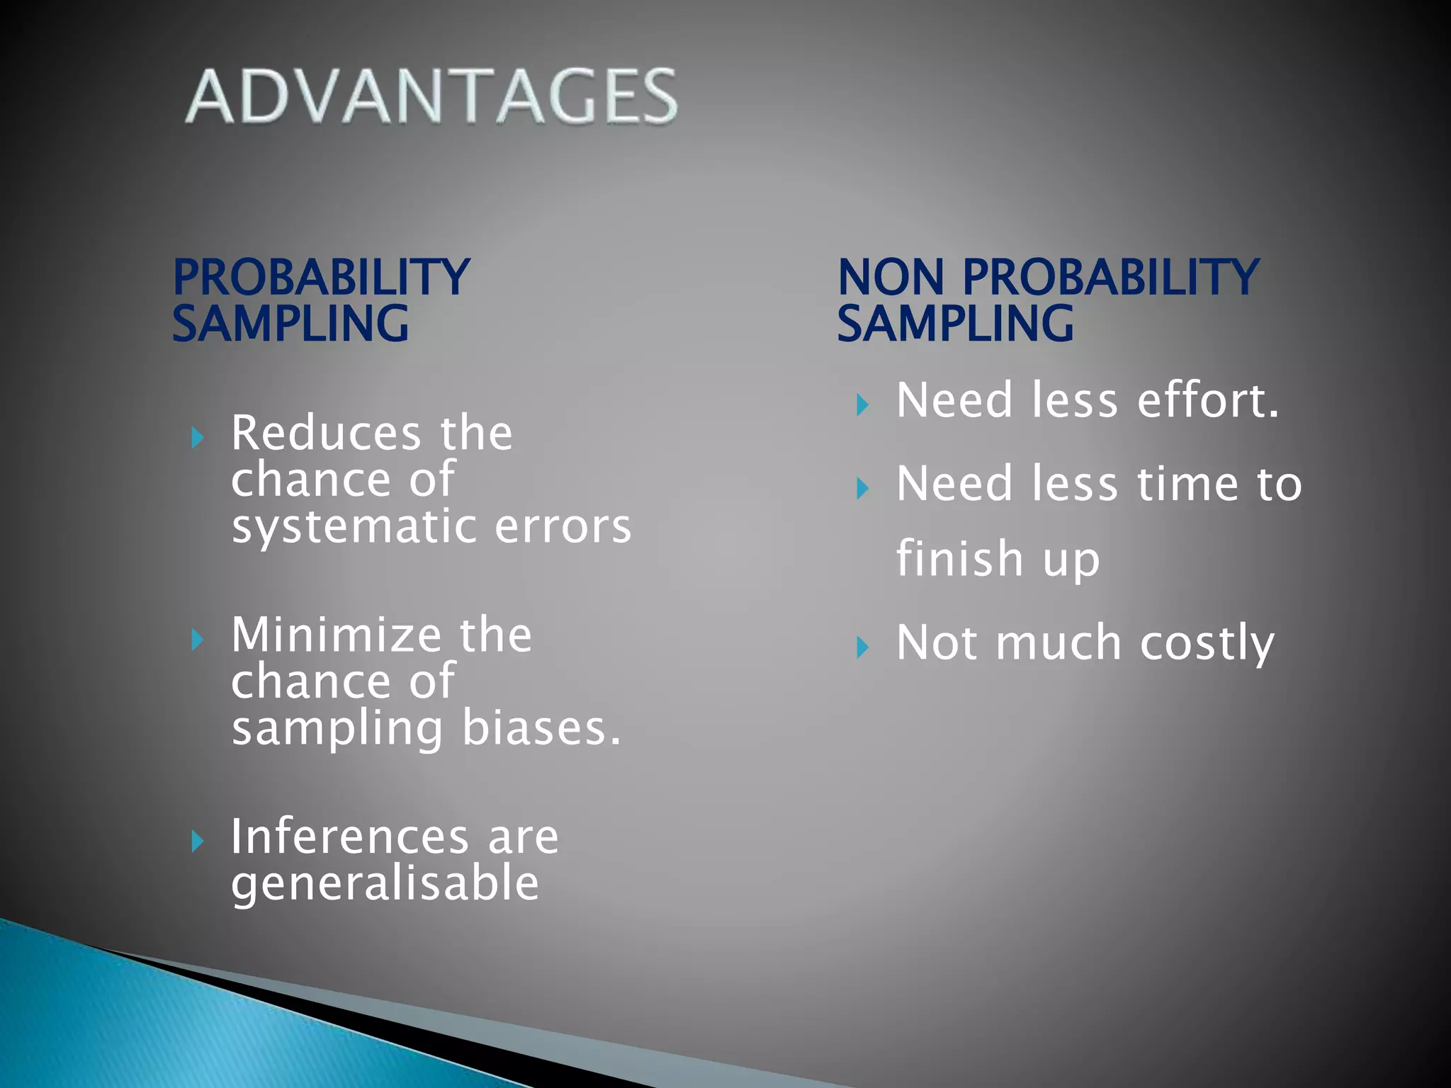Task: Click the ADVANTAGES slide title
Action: tap(431, 96)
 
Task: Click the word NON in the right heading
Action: tap(891, 277)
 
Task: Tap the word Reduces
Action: tap(326, 433)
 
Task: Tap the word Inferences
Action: tap(349, 837)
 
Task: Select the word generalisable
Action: tap(385, 885)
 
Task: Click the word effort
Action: tap(1208, 400)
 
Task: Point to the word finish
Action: tap(959, 559)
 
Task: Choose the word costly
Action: tap(1207, 644)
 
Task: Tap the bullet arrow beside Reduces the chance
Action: tap(198, 438)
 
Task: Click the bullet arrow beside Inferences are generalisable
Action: tap(198, 841)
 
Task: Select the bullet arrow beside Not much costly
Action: tap(862, 647)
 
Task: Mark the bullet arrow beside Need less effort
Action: tap(862, 405)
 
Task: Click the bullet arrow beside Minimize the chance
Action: tap(198, 640)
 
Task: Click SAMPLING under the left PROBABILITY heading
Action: tap(290, 324)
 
